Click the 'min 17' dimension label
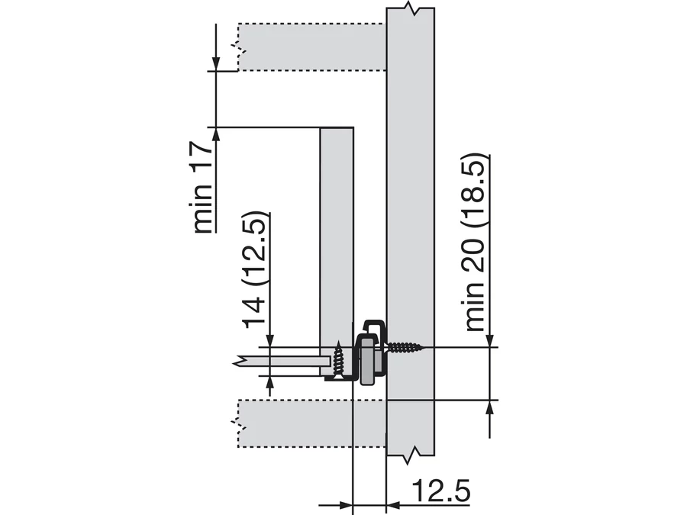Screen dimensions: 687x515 [203, 188]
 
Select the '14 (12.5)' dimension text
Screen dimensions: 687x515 [254, 270]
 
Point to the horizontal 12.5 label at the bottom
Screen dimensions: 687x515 [442, 491]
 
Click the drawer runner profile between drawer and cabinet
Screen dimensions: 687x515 [371, 352]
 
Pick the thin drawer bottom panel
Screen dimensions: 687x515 [282, 362]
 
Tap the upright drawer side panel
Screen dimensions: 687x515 [337, 252]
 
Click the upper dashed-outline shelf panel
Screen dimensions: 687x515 [312, 47]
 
